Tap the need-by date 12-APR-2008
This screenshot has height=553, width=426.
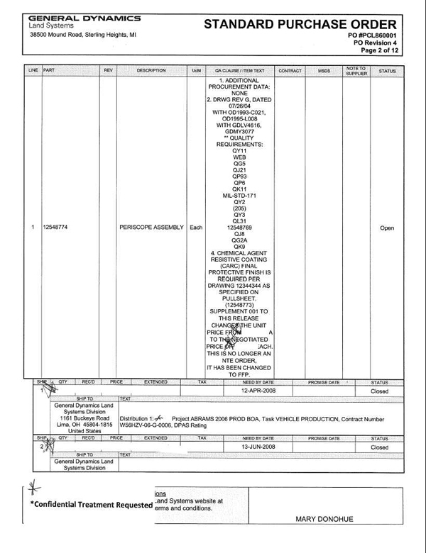click(258, 390)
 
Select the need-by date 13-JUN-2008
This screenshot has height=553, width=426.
click(258, 447)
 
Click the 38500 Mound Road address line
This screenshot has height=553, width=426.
click(78, 35)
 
